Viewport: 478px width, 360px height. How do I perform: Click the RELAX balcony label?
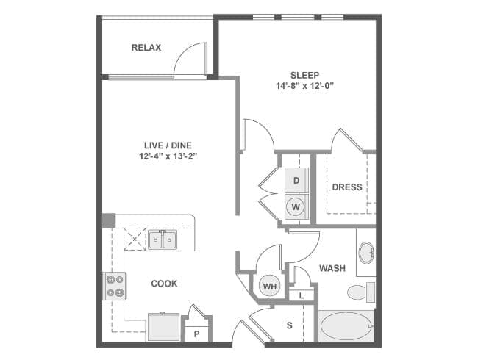click(x=146, y=48)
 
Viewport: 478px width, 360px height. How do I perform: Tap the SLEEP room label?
click(x=305, y=75)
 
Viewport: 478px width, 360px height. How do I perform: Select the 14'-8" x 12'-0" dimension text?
click(x=305, y=86)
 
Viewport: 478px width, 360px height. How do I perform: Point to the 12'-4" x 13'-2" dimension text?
click(x=168, y=156)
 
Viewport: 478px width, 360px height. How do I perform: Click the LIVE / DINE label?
click(x=168, y=145)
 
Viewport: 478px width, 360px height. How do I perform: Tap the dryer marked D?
click(x=296, y=180)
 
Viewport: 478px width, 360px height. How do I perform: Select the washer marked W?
click(x=296, y=206)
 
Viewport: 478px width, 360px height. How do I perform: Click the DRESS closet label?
click(x=347, y=187)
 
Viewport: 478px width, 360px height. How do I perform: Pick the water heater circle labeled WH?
click(x=269, y=286)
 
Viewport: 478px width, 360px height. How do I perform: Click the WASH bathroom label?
click(x=332, y=268)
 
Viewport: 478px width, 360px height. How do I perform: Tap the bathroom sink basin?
click(x=366, y=253)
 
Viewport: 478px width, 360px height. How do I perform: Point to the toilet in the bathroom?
click(x=361, y=292)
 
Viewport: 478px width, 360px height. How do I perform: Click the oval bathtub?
click(x=346, y=326)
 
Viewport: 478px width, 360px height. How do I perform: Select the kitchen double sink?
click(x=163, y=240)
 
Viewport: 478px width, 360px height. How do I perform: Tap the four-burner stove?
click(x=115, y=286)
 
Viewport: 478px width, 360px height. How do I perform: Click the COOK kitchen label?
click(x=164, y=284)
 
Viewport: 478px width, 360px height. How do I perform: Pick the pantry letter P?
click(x=196, y=334)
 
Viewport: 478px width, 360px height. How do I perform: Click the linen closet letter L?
click(x=302, y=295)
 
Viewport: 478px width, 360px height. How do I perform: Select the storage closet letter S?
click(x=289, y=325)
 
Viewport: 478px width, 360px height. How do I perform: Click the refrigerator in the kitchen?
click(x=164, y=327)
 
